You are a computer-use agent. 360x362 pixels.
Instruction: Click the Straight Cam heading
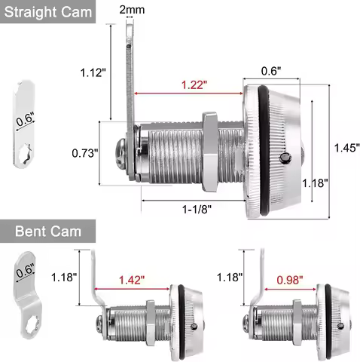(48, 12)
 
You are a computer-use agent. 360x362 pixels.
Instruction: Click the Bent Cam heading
(48, 232)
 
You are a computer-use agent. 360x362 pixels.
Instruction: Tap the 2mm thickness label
(132, 10)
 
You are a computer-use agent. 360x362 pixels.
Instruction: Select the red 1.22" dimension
(194, 84)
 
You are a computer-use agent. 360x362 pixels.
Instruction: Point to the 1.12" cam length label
(93, 72)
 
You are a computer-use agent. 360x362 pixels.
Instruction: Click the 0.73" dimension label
(85, 153)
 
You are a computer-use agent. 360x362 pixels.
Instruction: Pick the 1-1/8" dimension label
(197, 209)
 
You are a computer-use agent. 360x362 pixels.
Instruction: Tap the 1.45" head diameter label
(347, 148)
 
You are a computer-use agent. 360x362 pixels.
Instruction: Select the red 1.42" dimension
(132, 280)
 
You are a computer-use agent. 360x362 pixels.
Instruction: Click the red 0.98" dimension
(290, 280)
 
